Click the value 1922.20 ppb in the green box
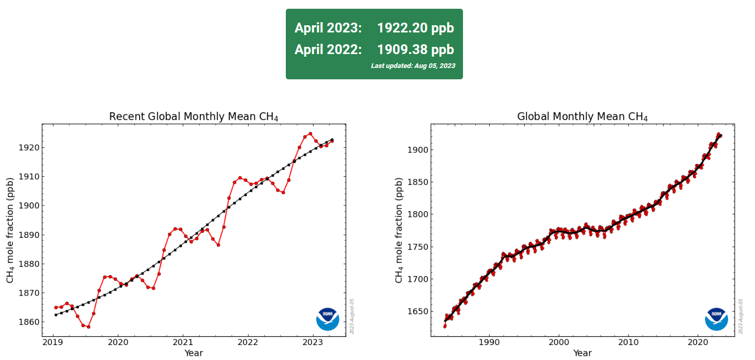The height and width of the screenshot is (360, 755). pyautogui.click(x=415, y=28)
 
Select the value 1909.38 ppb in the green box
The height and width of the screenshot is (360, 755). pyautogui.click(x=415, y=49)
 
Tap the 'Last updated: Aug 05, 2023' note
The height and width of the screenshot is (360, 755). pyautogui.click(x=413, y=66)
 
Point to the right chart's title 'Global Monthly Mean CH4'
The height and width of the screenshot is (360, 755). pyautogui.click(x=582, y=117)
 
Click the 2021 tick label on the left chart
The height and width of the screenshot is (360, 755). pyautogui.click(x=183, y=342)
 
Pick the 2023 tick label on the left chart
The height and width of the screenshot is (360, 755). pyautogui.click(x=312, y=342)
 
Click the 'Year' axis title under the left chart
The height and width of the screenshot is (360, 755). pyautogui.click(x=194, y=353)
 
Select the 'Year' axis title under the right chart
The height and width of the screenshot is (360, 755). pyautogui.click(x=582, y=353)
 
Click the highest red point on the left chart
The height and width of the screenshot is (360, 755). pyautogui.click(x=310, y=134)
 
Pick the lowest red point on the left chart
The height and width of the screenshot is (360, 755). pyautogui.click(x=88, y=327)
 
